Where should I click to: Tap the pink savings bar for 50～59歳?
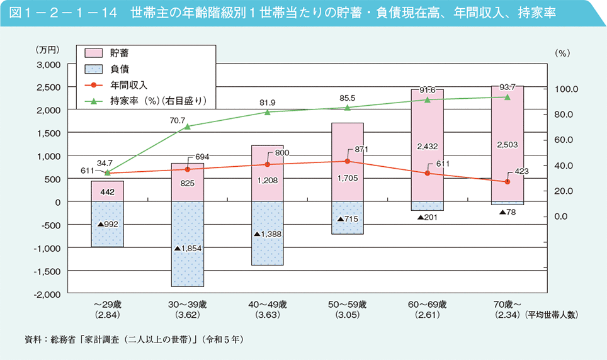click(x=348, y=162)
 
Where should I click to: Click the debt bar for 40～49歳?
click(x=268, y=233)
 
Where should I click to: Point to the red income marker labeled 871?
click(x=348, y=161)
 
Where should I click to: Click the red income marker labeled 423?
click(x=508, y=182)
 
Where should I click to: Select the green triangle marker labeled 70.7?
click(x=187, y=127)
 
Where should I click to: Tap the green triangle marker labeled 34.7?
click(x=107, y=172)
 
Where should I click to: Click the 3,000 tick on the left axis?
click(x=48, y=64)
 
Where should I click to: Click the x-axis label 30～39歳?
click(x=187, y=305)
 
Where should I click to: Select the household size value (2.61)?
click(x=428, y=314)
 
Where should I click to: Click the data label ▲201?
click(x=428, y=218)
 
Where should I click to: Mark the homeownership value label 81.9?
click(x=267, y=102)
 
